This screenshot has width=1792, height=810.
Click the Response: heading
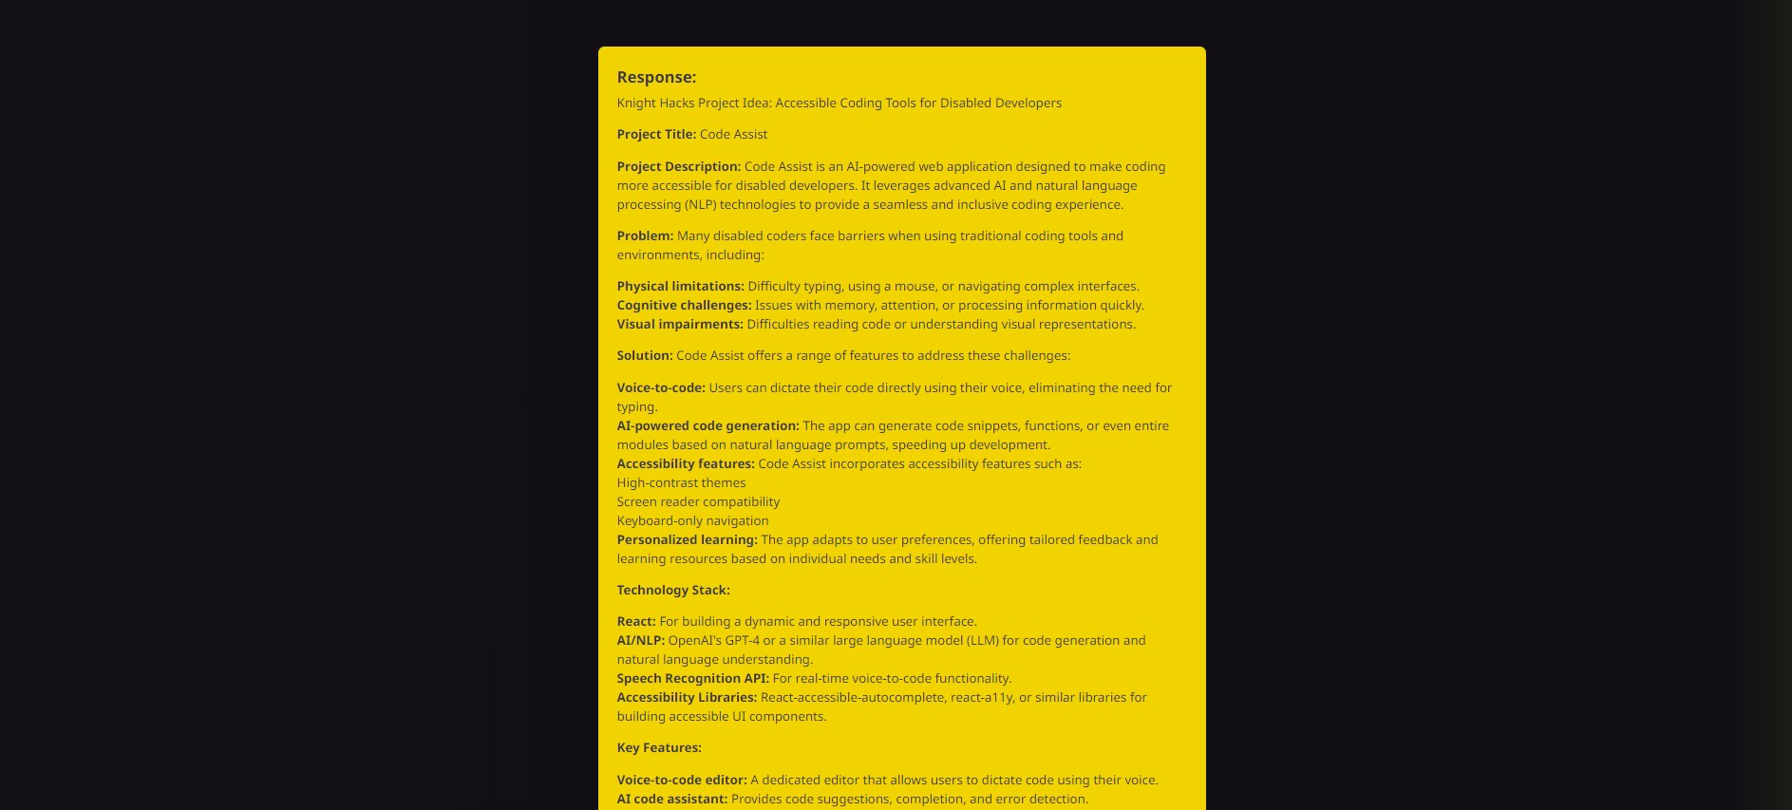656,77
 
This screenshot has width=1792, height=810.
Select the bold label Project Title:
656,135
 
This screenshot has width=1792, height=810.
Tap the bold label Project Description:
678,167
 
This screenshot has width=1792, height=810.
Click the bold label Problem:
645,236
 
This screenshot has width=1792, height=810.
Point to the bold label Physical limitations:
680,287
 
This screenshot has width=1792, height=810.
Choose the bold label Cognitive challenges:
684,306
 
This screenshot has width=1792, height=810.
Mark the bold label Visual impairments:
680,325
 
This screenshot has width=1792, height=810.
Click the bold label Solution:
644,356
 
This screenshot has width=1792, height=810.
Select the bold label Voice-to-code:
661,388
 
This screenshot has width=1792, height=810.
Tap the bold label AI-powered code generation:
707,426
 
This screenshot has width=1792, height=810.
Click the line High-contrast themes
681,483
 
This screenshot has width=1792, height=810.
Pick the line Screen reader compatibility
698,502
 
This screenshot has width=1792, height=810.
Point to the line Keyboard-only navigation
692,521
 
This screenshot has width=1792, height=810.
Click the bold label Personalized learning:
687,540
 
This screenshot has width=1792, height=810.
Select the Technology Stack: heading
673,591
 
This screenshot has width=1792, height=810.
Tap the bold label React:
636,622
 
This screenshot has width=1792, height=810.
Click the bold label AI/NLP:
640,641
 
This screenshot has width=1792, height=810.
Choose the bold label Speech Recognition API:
692,679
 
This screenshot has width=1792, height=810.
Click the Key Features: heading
659,748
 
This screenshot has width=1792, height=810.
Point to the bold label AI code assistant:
671,800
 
